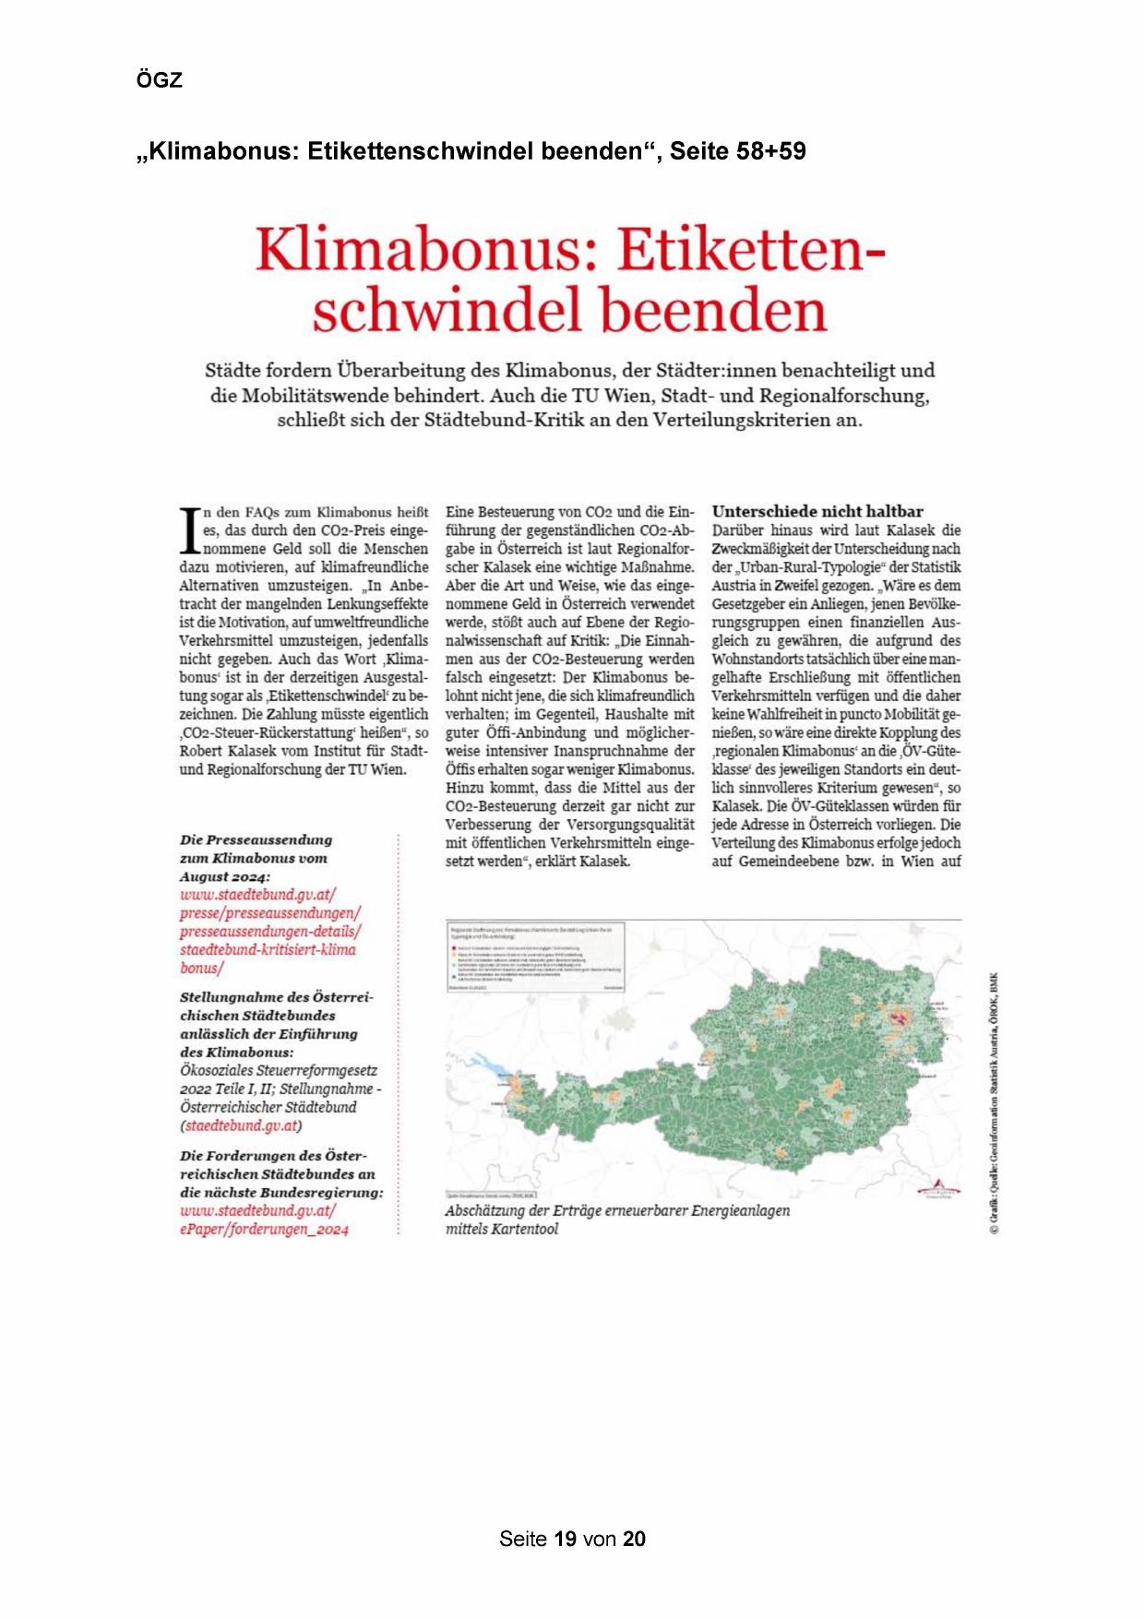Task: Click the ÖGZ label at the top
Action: pyautogui.click(x=159, y=80)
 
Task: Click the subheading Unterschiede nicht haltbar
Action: pyautogui.click(x=817, y=511)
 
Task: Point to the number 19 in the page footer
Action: pyautogui.click(x=566, y=1539)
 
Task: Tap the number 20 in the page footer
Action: pyautogui.click(x=634, y=1539)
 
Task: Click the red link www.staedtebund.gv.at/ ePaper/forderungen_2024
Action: pyautogui.click(x=264, y=1219)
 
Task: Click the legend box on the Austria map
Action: pyautogui.click(x=535, y=956)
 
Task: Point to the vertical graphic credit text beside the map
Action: pyautogui.click(x=994, y=1102)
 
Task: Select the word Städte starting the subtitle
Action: pyautogui.click(x=232, y=371)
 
